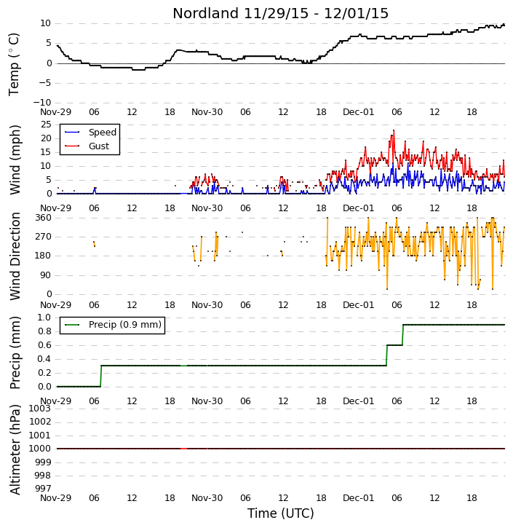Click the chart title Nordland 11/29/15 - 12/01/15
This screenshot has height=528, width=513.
point(281,13)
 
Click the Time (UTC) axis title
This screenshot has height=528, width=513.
point(281,513)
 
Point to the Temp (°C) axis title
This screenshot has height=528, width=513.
point(14,65)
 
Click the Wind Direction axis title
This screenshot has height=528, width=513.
point(15,256)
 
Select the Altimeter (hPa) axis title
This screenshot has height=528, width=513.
point(15,450)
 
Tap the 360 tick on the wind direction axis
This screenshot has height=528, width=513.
point(44,218)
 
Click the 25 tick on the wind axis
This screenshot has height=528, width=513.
point(46,125)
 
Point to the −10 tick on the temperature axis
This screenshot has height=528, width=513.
point(41,103)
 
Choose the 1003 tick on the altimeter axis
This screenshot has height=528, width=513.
point(40,409)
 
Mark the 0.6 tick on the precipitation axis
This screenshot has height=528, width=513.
point(44,345)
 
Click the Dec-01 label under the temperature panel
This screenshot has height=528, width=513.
point(358,112)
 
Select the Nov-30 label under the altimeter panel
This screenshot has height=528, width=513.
point(207,497)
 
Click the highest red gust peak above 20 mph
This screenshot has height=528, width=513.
point(394,130)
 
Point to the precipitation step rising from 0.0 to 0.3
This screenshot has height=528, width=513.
point(101,376)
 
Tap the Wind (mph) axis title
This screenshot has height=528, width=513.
point(15,160)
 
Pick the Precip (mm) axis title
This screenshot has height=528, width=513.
point(15,352)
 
